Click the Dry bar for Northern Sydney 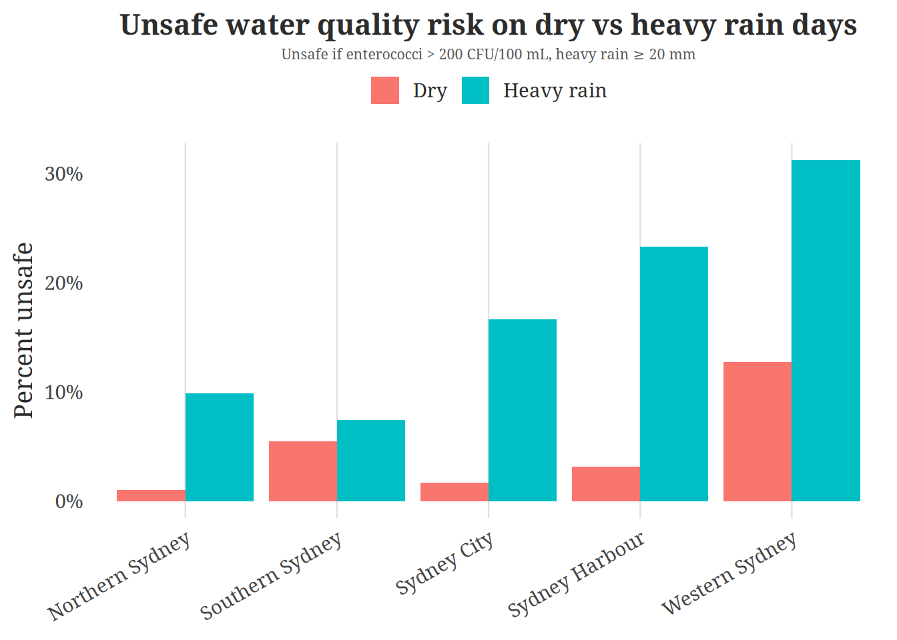coord(151,495)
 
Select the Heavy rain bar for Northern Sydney coord(220,447)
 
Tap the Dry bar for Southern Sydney coord(303,471)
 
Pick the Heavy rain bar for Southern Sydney coord(371,461)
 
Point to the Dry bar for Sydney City coord(455,492)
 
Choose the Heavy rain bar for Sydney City coord(523,410)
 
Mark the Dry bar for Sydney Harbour coord(606,484)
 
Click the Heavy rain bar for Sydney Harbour coord(674,374)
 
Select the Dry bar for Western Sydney coord(758,431)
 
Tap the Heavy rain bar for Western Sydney coord(826,331)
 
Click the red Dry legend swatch coord(385,91)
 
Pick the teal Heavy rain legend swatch coord(475,91)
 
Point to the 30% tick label coord(64,174)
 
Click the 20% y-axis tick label coord(64,283)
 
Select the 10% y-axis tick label coord(64,393)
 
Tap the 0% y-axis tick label coord(69,502)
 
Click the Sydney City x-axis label coord(444,563)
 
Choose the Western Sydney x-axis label coord(729,573)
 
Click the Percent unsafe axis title coord(24,331)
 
